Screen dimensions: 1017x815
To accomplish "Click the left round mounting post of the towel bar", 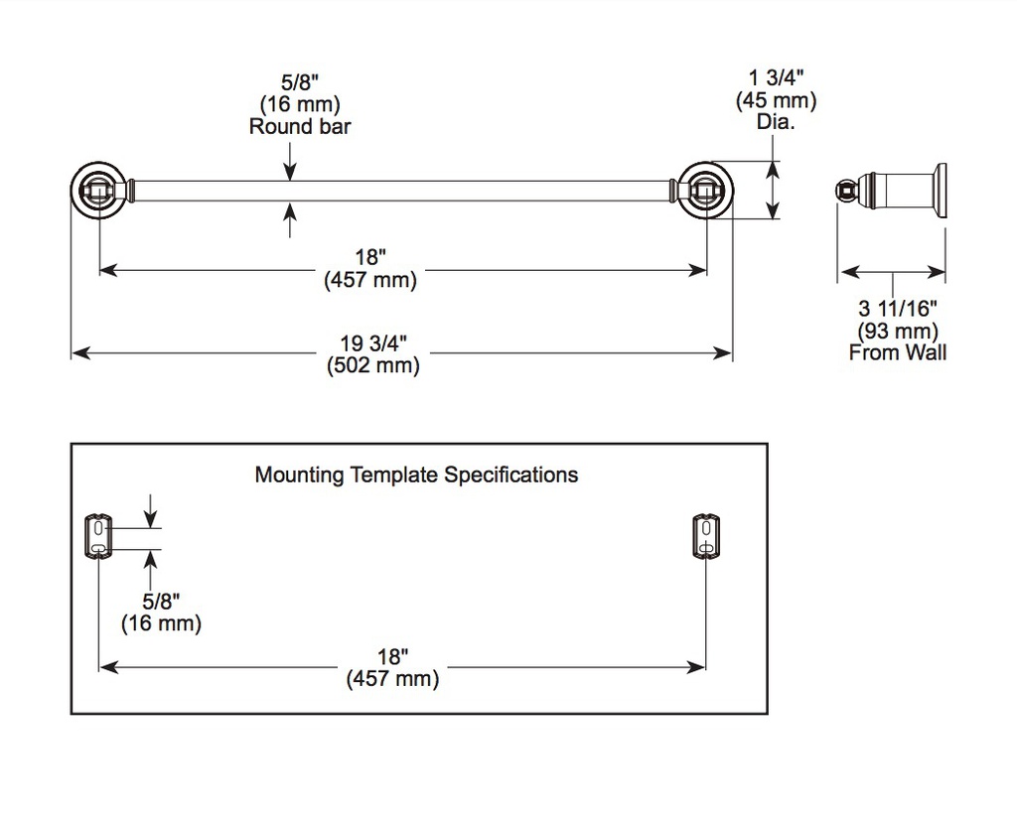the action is [98, 191].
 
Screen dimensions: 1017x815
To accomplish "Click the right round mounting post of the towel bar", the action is [706, 191].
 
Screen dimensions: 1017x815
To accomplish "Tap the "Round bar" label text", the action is [300, 126].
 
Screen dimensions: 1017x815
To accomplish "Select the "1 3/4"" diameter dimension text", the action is [776, 77].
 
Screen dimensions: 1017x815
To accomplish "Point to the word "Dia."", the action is [776, 121].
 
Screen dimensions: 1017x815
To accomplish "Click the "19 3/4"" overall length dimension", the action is [373, 343].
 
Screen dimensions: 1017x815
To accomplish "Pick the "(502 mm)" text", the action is [373, 365].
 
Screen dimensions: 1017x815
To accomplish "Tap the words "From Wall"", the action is [898, 352].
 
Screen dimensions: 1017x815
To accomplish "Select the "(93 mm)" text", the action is [898, 331].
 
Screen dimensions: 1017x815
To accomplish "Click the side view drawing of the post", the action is [891, 190].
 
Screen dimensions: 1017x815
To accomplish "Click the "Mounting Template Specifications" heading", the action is [416, 475].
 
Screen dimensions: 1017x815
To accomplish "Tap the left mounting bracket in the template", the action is [98, 536].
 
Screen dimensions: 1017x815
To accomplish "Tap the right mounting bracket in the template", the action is [706, 536].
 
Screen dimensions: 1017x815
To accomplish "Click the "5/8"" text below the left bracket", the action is [161, 601].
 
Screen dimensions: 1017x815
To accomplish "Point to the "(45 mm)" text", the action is [776, 100].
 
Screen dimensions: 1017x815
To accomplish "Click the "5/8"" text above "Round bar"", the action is [300, 82].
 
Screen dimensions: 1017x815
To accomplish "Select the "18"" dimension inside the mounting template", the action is [392, 656].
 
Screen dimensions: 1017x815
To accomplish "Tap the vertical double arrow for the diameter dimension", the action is [772, 191].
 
